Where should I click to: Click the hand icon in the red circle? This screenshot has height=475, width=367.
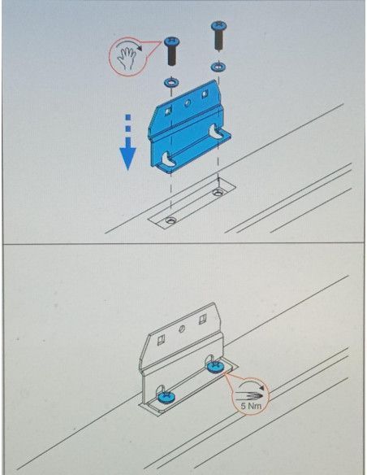click(x=126, y=58)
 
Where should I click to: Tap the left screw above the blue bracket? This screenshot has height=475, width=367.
click(x=171, y=51)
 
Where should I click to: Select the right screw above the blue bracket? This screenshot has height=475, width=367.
click(x=219, y=35)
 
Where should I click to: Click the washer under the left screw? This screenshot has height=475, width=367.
click(x=171, y=82)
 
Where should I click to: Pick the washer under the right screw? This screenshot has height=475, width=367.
click(x=218, y=67)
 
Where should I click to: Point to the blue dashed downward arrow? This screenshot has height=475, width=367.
click(x=127, y=142)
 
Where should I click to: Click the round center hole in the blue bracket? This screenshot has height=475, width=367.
click(x=187, y=103)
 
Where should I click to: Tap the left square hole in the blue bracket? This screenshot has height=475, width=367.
click(x=167, y=112)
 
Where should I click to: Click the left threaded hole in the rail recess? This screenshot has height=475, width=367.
click(x=171, y=220)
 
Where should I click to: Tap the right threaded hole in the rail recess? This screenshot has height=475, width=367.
click(x=217, y=192)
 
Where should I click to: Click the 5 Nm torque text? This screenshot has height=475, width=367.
click(x=251, y=405)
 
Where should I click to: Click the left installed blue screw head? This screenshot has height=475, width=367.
click(x=166, y=397)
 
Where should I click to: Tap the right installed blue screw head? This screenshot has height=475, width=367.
click(x=216, y=367)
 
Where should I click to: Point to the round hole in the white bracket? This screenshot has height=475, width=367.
click(x=181, y=329)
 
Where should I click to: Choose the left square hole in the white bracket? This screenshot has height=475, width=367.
click(x=161, y=341)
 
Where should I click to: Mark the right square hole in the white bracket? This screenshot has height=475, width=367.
click(x=202, y=320)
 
